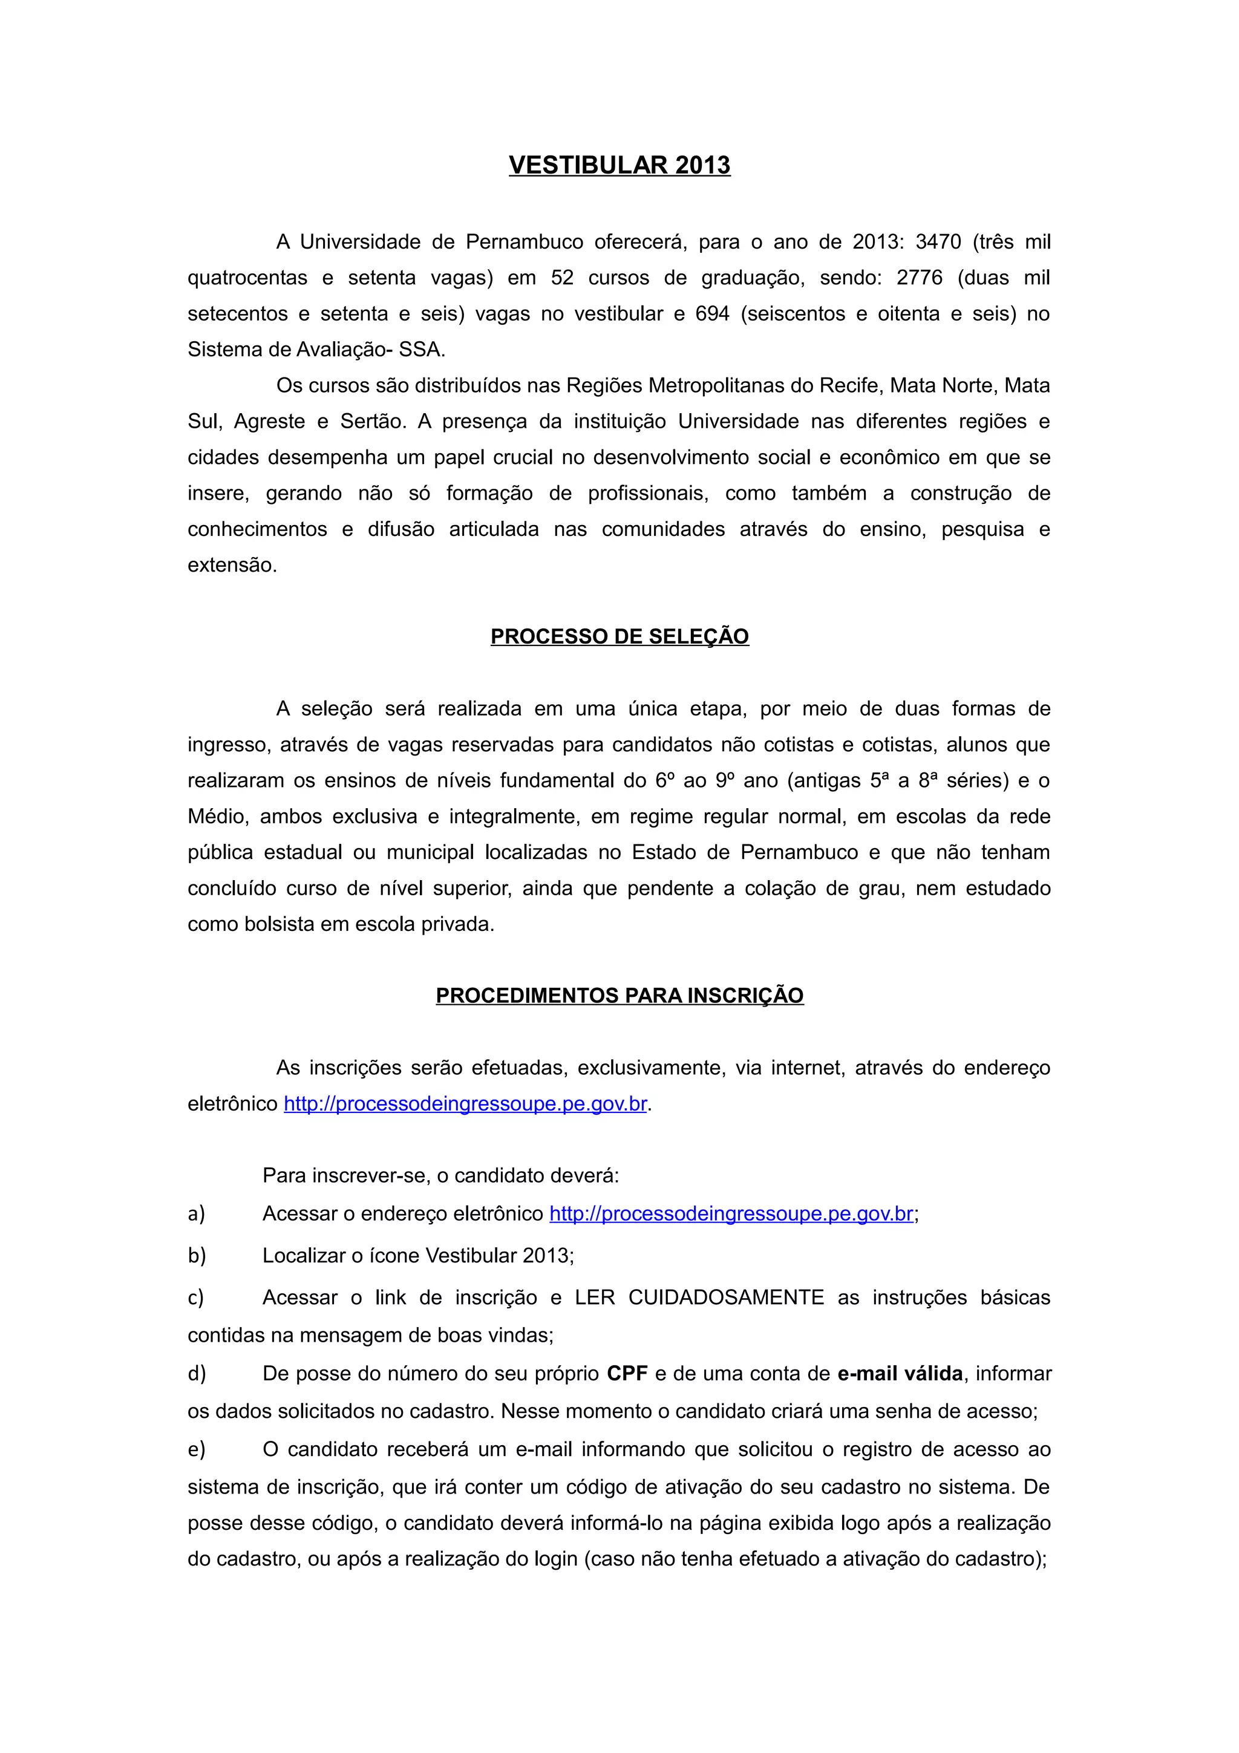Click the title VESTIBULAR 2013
(x=619, y=165)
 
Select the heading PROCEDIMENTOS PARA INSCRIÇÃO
(x=619, y=995)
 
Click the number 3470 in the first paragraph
(x=938, y=242)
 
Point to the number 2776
(x=919, y=278)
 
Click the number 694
(x=712, y=314)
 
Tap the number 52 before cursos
(x=562, y=278)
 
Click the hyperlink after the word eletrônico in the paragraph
(x=466, y=1104)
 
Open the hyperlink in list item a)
(x=731, y=1213)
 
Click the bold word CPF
(x=627, y=1374)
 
